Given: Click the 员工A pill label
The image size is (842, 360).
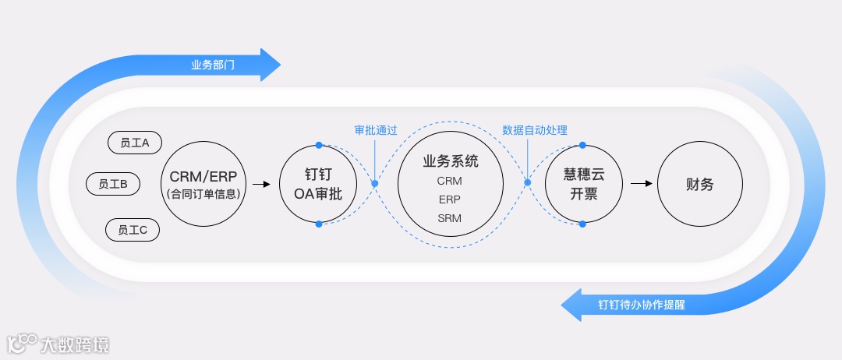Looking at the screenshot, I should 135,143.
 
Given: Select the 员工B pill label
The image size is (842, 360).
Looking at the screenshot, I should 114,184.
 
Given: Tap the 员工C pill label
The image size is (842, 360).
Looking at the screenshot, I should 133,230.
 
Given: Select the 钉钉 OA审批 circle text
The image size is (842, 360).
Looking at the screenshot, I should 319,185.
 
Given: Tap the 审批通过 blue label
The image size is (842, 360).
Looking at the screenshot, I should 375,130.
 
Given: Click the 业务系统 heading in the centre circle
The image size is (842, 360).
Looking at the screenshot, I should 450,161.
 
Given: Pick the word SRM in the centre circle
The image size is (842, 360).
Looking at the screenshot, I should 450,218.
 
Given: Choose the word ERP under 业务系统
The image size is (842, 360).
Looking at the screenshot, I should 450,199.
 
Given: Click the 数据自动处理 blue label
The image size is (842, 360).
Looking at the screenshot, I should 534,130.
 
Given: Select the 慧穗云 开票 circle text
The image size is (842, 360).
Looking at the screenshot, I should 584,185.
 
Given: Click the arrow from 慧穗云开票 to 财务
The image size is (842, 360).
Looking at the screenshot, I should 640,184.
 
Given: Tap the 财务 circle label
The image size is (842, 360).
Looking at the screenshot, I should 699,185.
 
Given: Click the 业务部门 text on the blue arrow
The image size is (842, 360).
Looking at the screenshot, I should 213,65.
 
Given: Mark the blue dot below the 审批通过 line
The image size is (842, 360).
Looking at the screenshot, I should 374,184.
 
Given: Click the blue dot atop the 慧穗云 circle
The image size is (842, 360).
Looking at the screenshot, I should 582,145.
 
